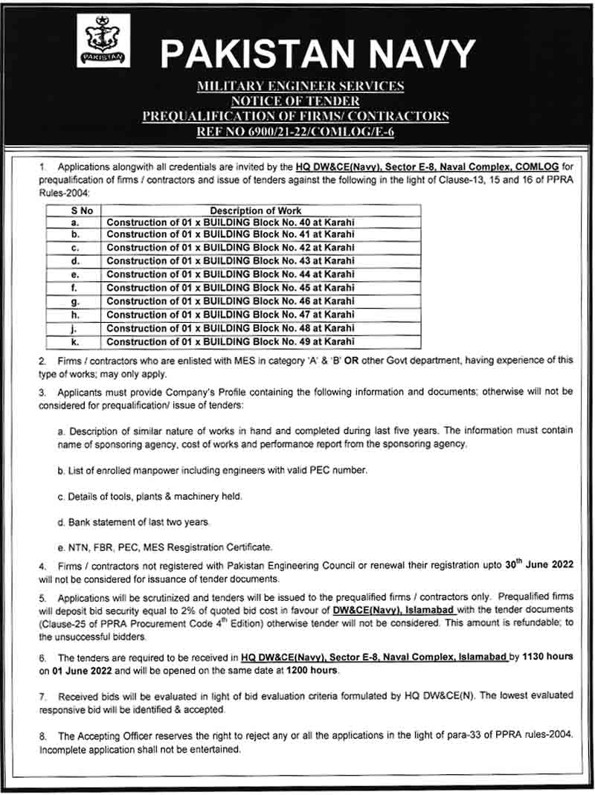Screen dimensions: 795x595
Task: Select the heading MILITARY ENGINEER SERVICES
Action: point(300,86)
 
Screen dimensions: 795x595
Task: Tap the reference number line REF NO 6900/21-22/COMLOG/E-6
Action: point(300,130)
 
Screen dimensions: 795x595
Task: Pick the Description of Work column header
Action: point(255,210)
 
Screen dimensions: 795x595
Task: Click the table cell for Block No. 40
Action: point(231,222)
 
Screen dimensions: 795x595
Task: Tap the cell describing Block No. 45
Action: point(231,288)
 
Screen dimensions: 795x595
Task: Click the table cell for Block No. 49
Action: point(231,341)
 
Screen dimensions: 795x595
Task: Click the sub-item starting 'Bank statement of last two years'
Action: point(134,521)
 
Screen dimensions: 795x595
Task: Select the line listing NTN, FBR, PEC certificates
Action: point(164,547)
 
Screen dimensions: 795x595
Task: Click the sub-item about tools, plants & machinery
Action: point(149,496)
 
